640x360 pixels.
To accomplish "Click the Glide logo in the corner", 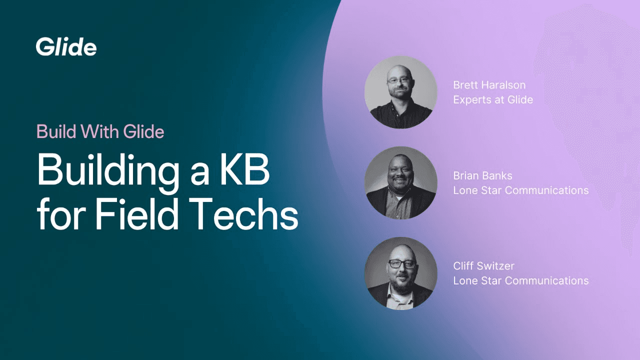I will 66,47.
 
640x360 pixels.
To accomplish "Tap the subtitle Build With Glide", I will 100,131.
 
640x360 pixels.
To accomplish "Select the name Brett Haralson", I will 489,84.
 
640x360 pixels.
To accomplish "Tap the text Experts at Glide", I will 493,99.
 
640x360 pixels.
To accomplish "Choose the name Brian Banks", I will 482,175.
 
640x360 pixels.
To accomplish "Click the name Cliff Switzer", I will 483,266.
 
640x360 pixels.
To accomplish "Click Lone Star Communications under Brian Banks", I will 520,190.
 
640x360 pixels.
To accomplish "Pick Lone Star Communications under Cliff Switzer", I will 520,281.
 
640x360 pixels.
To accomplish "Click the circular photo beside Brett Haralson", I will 401,92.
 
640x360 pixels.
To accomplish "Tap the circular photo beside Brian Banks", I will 401,183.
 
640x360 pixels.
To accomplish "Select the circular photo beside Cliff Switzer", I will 401,273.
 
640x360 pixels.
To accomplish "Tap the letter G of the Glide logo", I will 43,47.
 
